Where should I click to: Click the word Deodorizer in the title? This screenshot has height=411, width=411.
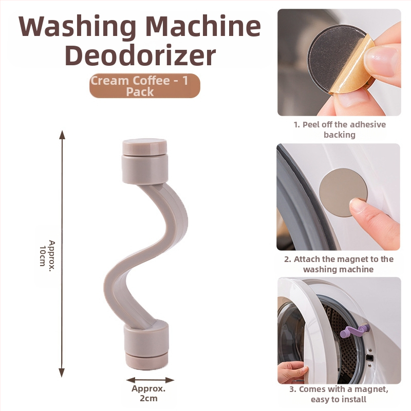click(140, 55)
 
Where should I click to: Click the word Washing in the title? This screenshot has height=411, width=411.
click(78, 27)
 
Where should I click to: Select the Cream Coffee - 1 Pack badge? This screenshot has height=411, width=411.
click(145, 86)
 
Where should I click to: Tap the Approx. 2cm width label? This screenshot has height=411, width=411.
click(148, 393)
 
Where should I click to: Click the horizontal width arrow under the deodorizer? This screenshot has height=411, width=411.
click(150, 380)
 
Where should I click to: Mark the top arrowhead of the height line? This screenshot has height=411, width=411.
click(62, 134)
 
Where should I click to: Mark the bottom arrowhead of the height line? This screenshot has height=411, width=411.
click(62, 372)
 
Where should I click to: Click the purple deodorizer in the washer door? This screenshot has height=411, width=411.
click(354, 331)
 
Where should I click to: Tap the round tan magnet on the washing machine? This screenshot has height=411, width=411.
click(343, 192)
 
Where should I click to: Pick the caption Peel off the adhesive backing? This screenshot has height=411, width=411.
click(340, 129)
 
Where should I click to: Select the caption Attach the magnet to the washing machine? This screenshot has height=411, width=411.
click(339, 264)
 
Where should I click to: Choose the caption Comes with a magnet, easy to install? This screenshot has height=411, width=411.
click(339, 394)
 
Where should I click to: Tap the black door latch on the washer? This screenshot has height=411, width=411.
click(369, 358)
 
